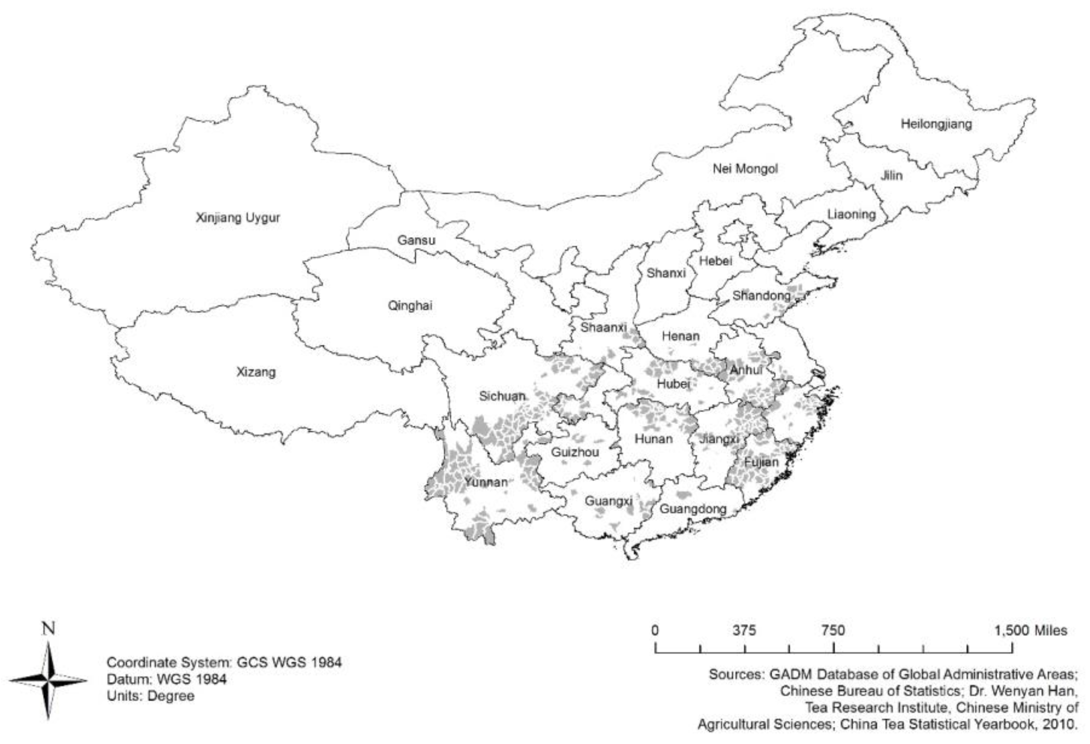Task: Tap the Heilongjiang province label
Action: click(936, 124)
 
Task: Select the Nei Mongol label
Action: click(745, 169)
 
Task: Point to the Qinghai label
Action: click(410, 306)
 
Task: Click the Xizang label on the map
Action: click(256, 373)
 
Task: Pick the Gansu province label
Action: click(416, 240)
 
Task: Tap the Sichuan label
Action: click(501, 396)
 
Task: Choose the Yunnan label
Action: click(486, 482)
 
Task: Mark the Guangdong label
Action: click(693, 509)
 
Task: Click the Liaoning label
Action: click(851, 215)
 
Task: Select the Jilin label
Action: click(891, 176)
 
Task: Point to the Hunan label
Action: click(653, 439)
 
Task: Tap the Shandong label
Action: click(761, 296)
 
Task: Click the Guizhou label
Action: click(574, 453)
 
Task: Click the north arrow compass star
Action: click(48, 680)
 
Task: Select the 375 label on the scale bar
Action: click(744, 630)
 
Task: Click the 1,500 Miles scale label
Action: click(1030, 630)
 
